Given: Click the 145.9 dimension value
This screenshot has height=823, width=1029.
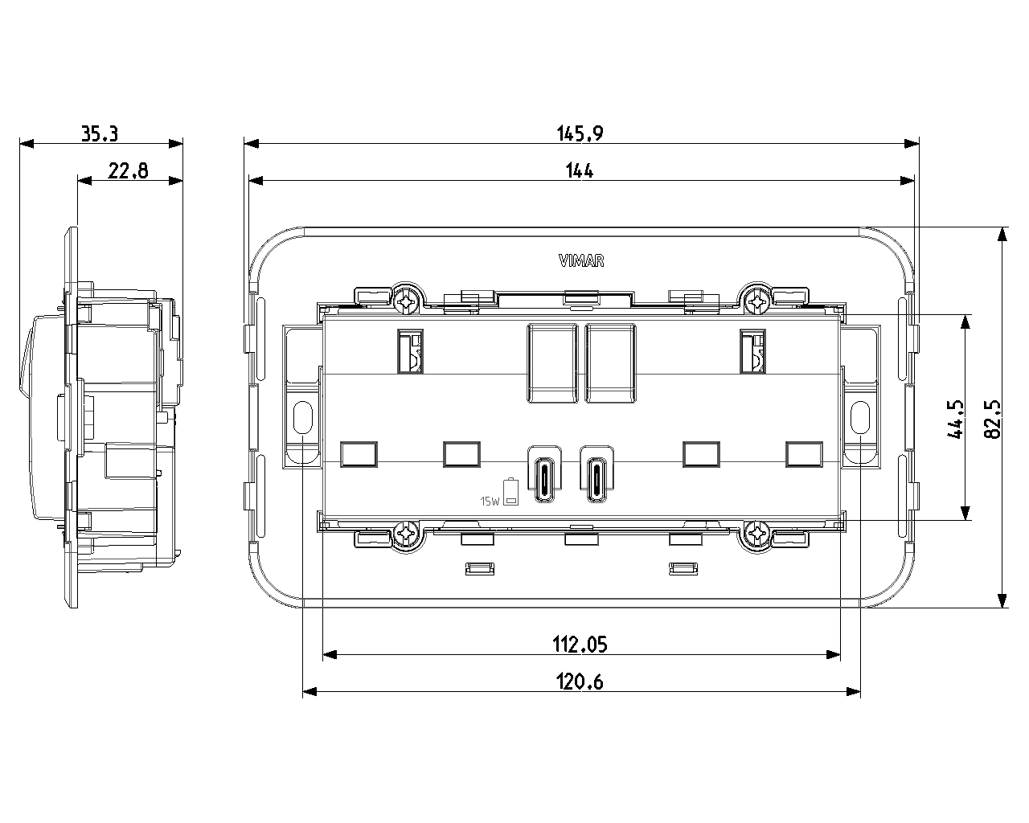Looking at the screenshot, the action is (x=580, y=133).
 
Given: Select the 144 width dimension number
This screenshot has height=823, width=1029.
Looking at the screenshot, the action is (x=580, y=170).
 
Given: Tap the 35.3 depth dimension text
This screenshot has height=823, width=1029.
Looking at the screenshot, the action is (x=100, y=134).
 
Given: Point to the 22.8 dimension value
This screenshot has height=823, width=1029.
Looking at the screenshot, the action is (x=128, y=170).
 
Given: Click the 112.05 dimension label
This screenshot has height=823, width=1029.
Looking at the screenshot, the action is (x=580, y=644).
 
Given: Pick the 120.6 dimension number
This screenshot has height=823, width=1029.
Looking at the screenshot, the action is (x=580, y=682).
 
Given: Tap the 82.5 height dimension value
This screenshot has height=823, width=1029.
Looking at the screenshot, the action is (x=993, y=419).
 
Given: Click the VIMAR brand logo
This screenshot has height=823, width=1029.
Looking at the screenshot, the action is (x=581, y=260).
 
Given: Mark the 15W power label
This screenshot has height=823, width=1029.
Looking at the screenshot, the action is (x=490, y=502).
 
